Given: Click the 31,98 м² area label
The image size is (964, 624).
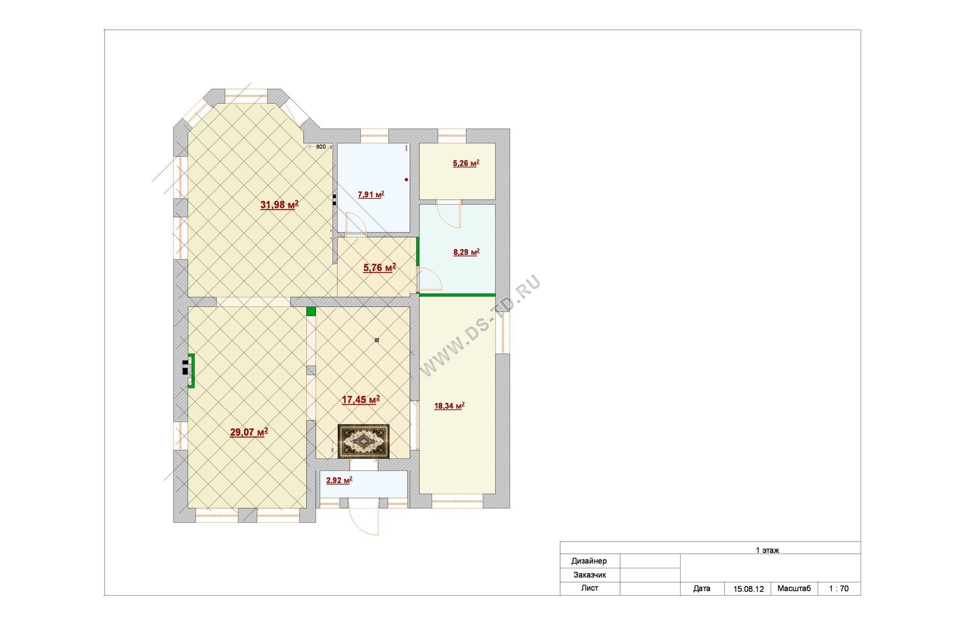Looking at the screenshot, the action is [279, 205].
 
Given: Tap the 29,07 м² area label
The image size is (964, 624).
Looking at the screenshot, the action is [249, 432].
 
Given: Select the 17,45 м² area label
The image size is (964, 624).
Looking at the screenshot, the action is [360, 400].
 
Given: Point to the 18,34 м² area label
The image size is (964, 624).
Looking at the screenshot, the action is [449, 406].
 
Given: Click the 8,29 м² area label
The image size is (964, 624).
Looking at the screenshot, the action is [466, 252].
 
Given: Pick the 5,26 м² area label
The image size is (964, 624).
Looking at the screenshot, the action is [466, 163].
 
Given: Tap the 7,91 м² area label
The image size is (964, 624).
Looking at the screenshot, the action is [371, 194].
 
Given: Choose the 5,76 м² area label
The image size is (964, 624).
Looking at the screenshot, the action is [380, 268].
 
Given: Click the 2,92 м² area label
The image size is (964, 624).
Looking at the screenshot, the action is [339, 480].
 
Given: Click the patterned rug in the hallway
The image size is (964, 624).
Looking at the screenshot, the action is [364, 441].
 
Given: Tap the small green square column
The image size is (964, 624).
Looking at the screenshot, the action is [311, 311].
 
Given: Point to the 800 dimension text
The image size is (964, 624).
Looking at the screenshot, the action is [321, 147].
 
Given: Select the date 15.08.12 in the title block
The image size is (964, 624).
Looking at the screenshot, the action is [748, 589].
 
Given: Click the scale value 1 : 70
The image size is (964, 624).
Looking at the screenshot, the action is [839, 589].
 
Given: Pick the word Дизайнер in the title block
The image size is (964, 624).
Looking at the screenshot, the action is [589, 561].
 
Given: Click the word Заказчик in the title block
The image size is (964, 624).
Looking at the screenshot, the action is [590, 575].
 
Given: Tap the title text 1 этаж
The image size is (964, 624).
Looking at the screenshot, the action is [767, 550].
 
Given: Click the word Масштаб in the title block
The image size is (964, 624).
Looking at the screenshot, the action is [794, 588].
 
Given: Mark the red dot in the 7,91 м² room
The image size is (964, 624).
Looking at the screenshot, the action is [406, 179].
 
